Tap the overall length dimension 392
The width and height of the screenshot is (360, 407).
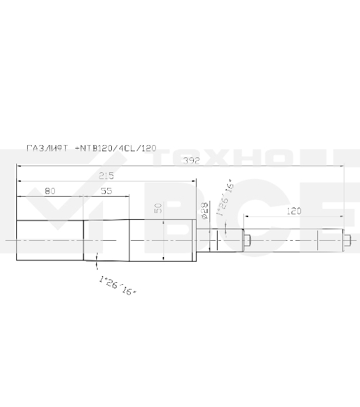(x=193, y=161)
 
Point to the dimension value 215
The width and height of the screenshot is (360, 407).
(x=106, y=176)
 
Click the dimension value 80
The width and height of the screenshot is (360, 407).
(x=49, y=191)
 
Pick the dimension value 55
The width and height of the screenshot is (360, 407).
(x=106, y=191)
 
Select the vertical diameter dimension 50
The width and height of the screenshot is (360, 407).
(x=159, y=208)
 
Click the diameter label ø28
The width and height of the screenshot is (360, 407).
(x=204, y=210)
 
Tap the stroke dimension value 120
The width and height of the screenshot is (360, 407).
(x=294, y=211)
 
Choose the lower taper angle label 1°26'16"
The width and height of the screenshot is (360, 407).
(x=117, y=284)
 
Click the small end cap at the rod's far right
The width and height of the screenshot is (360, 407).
(x=347, y=241)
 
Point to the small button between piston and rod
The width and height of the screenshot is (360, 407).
(x=247, y=241)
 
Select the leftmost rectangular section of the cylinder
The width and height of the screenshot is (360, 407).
(x=49, y=241)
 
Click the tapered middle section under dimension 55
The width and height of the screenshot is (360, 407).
(x=106, y=241)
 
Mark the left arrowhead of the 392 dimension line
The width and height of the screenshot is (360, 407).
(x=20, y=166)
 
